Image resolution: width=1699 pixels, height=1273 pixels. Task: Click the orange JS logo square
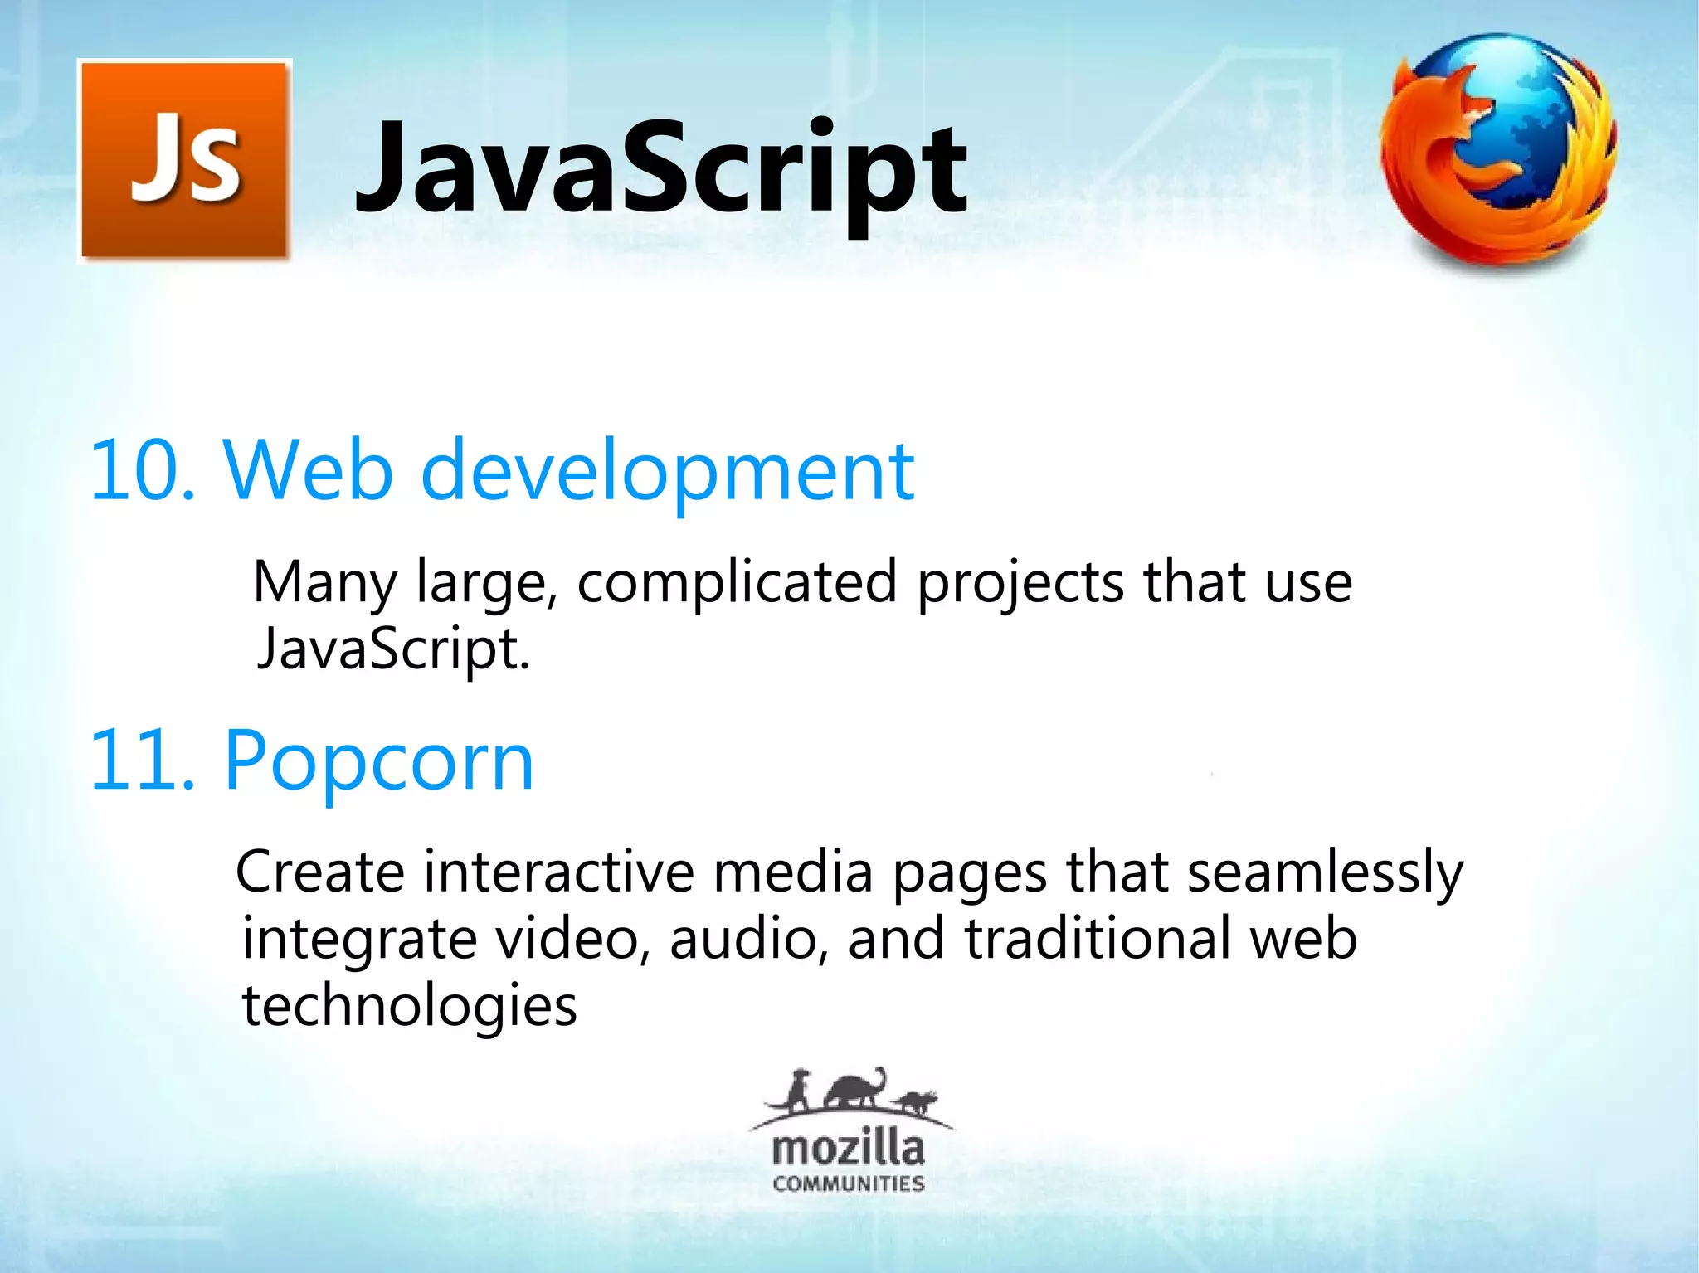(x=184, y=161)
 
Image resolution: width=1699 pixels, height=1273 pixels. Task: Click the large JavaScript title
(x=660, y=169)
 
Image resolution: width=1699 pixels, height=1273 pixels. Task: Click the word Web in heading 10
(x=307, y=471)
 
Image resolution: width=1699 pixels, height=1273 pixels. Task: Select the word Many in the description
(x=324, y=582)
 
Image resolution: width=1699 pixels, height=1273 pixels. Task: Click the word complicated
(x=737, y=582)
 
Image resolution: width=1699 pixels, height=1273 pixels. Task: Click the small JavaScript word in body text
(x=392, y=649)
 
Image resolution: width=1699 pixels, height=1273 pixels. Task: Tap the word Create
(x=320, y=872)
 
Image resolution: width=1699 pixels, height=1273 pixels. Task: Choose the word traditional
(x=1097, y=939)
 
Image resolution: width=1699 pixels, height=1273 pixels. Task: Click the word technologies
(x=409, y=1006)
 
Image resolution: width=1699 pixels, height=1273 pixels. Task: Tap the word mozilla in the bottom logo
(x=848, y=1149)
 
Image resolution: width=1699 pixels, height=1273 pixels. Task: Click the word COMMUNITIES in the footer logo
(x=848, y=1183)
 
